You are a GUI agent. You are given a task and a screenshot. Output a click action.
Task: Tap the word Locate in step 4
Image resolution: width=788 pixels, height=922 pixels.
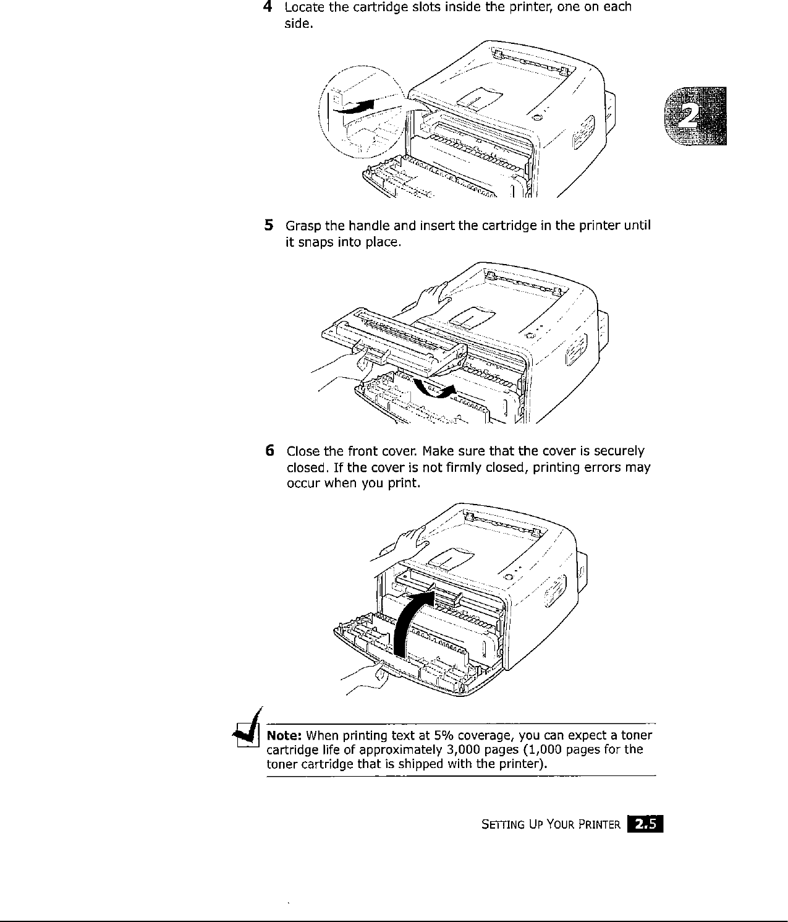pos(304,7)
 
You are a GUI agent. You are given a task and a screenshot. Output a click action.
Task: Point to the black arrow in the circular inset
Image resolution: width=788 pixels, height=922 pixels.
pos(355,106)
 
